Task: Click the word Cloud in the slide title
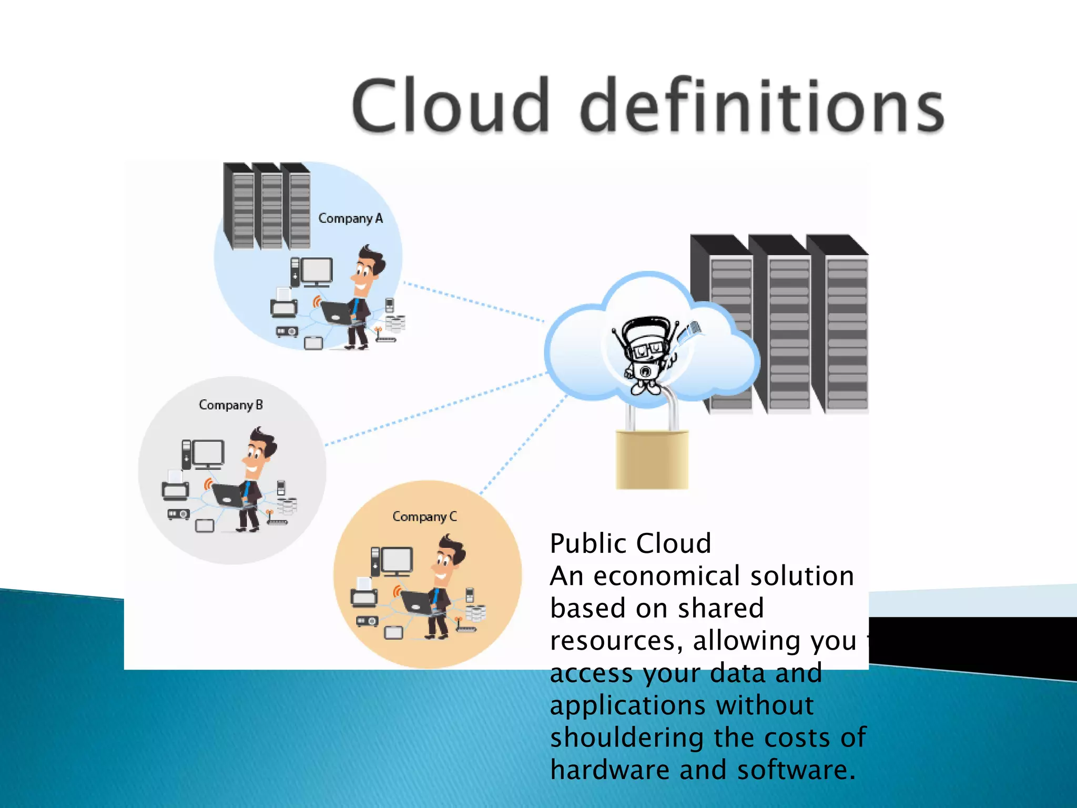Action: (451, 105)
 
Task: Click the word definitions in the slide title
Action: (762, 105)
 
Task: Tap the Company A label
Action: (350, 218)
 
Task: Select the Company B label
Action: (230, 405)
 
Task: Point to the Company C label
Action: (424, 517)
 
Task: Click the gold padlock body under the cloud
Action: (652, 459)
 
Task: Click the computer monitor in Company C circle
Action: (397, 561)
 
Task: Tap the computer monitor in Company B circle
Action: (208, 453)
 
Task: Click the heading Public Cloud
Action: (630, 543)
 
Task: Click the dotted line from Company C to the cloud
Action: (523, 445)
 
